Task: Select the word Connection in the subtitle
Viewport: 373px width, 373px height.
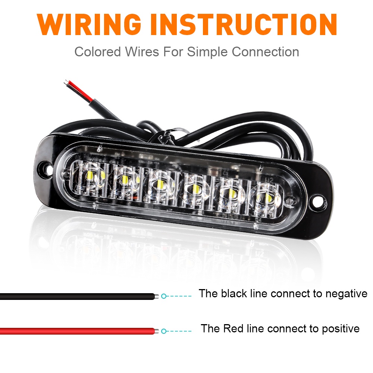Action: coord(265,52)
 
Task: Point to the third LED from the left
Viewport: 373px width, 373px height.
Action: coord(160,183)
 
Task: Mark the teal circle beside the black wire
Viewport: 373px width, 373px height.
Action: coord(163,296)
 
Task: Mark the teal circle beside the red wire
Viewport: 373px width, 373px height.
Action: coord(163,331)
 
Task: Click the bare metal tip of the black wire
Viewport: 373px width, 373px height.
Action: coord(157,296)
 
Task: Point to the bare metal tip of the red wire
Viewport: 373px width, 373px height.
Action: coord(157,331)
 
